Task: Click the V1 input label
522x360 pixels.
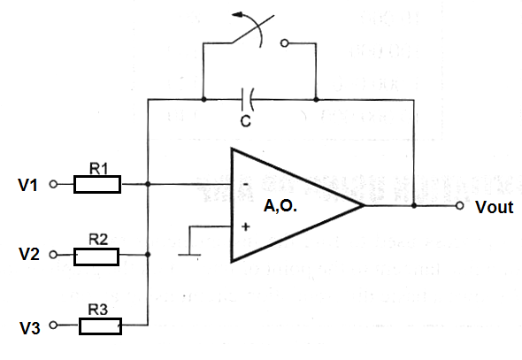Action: coord(28,185)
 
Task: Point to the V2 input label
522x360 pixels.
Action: coord(29,254)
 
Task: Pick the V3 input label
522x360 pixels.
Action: coord(30,328)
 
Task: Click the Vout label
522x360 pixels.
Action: coord(494,207)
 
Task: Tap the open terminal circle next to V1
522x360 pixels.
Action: coord(53,184)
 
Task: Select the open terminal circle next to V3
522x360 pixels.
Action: coord(53,326)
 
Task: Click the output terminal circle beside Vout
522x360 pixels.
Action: coord(459,205)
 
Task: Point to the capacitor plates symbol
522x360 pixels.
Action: coord(247,99)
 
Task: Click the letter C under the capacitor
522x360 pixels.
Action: coord(246,121)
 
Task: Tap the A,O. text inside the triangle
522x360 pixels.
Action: coord(280,206)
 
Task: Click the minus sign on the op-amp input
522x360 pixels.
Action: coord(246,184)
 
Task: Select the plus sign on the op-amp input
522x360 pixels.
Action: coord(246,227)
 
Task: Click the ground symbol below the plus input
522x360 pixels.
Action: coord(189,256)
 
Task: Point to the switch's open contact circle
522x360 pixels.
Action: coord(285,43)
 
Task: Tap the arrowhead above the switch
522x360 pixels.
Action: coord(237,14)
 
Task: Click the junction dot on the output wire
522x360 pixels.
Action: coord(414,205)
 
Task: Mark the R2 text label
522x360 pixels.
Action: coord(98,240)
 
